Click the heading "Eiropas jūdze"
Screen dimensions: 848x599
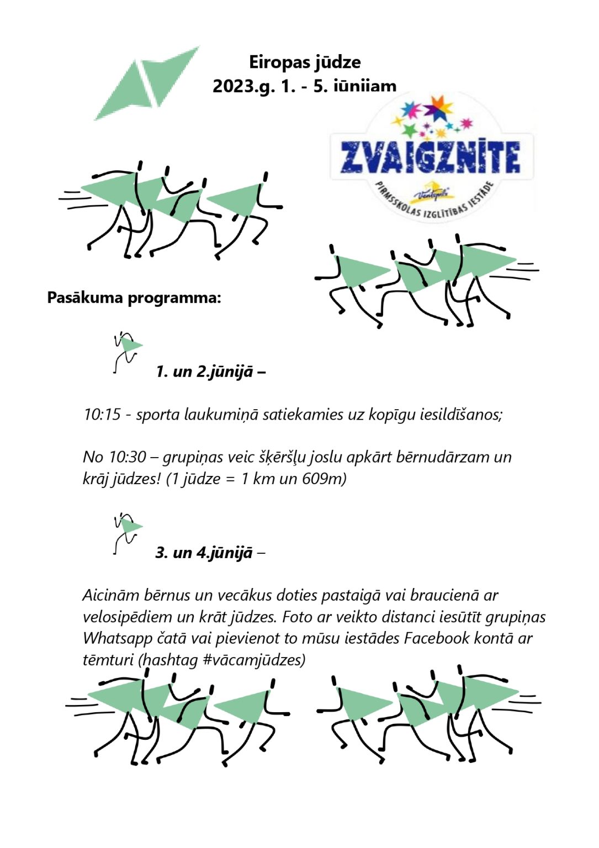coord(305,62)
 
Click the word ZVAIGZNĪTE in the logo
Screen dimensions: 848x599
coord(430,156)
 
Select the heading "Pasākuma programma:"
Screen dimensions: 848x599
coord(134,298)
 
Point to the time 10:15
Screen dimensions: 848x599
coord(102,414)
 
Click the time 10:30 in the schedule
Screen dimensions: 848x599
coord(128,457)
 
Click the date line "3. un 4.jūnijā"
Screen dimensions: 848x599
coord(204,552)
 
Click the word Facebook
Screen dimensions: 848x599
coord(437,638)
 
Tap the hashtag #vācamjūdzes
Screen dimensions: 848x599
coord(254,660)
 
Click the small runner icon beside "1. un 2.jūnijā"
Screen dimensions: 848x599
coord(126,352)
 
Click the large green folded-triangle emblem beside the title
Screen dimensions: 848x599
coord(146,83)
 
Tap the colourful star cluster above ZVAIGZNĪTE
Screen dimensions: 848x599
coord(436,118)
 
